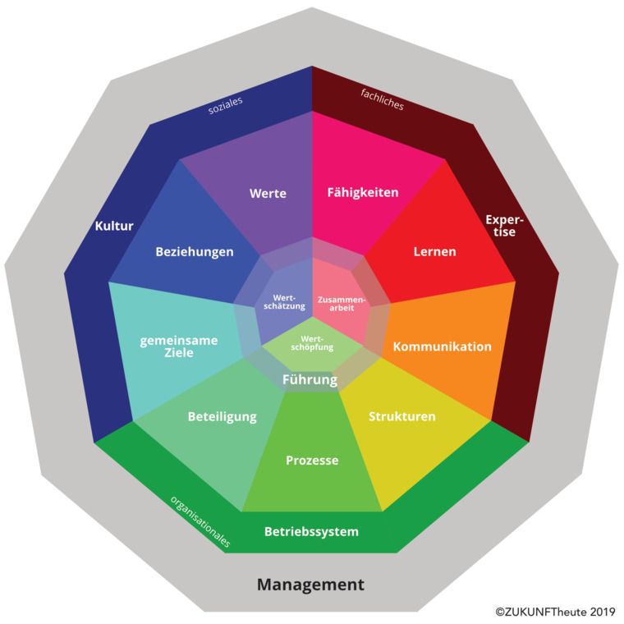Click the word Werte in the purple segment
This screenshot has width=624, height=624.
coord(268,194)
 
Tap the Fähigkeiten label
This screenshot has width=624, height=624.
coord(363,193)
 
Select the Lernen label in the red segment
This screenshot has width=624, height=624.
coord(434,251)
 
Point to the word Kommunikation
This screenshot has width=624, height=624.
coord(442,346)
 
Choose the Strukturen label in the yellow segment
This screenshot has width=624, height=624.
coord(402,416)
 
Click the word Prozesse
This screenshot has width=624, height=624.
coord(312,461)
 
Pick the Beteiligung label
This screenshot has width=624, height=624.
coord(222,416)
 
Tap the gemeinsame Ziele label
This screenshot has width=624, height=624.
coord(179,346)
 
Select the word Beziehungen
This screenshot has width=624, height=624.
coord(195,252)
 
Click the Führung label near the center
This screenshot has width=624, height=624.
coord(310,379)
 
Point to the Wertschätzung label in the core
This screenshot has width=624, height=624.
coord(284,302)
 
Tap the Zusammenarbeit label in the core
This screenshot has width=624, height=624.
coord(342,303)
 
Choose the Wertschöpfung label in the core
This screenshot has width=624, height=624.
coord(312,343)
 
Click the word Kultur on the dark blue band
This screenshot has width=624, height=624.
coord(114,226)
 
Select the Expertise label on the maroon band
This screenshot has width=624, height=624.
coord(504,226)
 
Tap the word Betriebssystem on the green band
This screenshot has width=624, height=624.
coord(311,532)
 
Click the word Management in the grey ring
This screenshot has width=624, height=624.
coord(310,585)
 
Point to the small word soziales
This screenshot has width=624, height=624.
coord(225,105)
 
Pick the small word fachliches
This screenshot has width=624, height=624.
coord(382,99)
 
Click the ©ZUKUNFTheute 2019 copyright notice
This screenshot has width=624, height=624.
coord(555,611)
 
